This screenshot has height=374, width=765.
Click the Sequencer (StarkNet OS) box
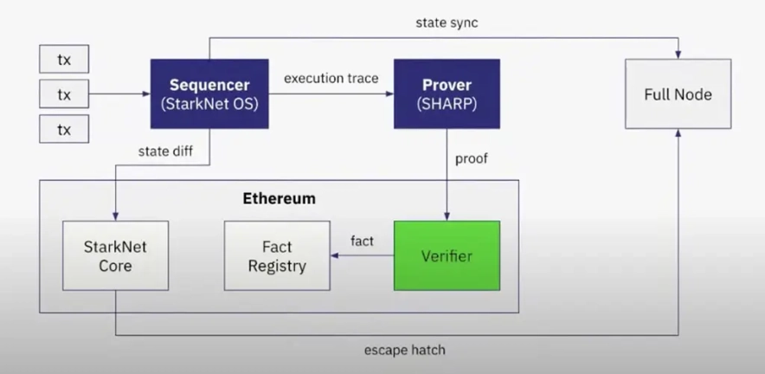point(209,94)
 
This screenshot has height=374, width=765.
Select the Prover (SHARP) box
point(447,94)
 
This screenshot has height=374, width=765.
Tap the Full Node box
point(678,94)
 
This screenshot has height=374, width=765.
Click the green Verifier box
point(447,256)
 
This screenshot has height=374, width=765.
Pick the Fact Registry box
point(277,256)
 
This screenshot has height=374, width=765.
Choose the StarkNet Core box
point(115,256)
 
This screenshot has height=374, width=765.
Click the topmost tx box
point(64,60)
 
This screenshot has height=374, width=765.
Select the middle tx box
point(64,94)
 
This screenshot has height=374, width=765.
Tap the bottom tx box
point(64,129)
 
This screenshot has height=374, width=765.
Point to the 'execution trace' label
point(331,78)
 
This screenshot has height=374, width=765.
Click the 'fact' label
point(362,241)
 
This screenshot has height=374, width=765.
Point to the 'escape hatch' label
point(404,351)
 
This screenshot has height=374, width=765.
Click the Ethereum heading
point(279,198)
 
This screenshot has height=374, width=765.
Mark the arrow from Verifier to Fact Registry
point(362,256)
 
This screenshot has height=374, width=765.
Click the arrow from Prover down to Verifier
point(447,173)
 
